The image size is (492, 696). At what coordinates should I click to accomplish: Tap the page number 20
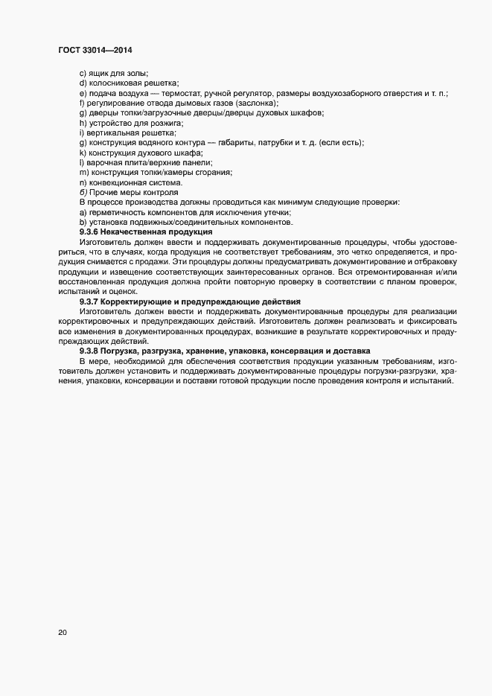click(x=62, y=633)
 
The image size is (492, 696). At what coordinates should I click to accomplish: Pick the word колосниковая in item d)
click(x=112, y=83)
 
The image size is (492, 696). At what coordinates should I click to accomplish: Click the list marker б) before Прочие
click(x=83, y=193)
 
